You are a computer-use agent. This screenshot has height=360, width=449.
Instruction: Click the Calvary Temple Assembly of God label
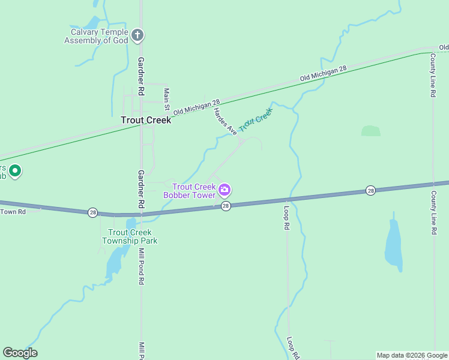[x=96, y=36]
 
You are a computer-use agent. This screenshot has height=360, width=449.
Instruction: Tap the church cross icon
[x=137, y=35]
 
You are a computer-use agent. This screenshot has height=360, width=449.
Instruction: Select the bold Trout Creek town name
[x=146, y=120]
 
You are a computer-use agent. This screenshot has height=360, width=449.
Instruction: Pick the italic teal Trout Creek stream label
[x=256, y=119]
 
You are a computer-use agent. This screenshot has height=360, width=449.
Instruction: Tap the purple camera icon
[x=224, y=190]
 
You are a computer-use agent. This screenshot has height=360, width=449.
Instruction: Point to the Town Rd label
[x=13, y=211]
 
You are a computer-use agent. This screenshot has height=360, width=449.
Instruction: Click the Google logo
[x=20, y=353]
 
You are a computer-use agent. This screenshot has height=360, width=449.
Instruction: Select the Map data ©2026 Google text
[x=412, y=355]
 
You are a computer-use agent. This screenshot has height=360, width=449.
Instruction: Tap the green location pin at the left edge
[x=16, y=172]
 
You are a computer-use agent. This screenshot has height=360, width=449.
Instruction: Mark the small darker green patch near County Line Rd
[x=370, y=131]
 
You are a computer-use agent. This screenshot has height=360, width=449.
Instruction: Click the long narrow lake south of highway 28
[x=394, y=243]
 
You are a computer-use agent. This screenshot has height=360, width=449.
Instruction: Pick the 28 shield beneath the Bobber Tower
[x=226, y=206]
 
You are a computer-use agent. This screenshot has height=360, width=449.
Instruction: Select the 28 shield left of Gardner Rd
[x=92, y=212]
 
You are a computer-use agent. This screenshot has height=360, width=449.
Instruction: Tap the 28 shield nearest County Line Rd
[x=370, y=190]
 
